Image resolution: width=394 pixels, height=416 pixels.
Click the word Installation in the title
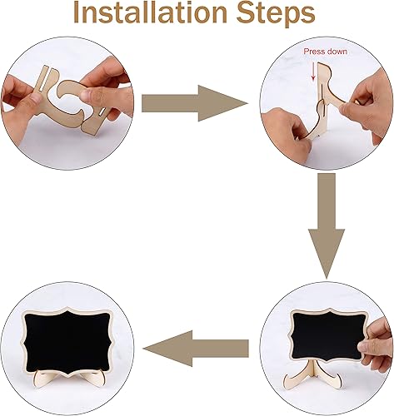150,12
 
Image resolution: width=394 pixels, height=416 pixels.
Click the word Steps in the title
276,14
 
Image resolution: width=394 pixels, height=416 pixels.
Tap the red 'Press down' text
325,52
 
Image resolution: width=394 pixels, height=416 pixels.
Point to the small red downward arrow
313,71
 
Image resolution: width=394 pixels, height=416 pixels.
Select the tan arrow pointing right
194,103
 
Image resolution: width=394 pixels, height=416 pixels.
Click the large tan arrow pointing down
327,225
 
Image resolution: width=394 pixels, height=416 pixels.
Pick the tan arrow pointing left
196,349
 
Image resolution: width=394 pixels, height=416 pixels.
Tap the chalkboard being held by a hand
328,335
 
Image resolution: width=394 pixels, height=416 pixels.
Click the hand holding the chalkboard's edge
377,344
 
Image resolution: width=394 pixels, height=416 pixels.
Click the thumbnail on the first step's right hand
90,97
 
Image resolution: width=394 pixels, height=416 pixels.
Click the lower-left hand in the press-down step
286,131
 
